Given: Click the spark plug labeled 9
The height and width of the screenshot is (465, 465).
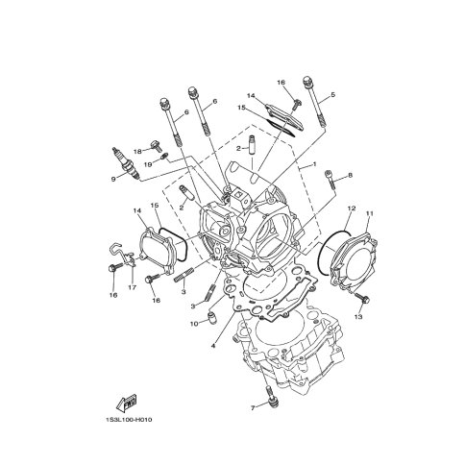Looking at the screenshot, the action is pos(126,163).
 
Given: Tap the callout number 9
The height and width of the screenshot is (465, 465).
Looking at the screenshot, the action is pos(113,180).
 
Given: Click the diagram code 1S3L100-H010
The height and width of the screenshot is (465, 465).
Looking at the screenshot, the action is pos(129,420).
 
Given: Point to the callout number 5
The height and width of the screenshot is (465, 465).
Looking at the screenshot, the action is pos(332,95).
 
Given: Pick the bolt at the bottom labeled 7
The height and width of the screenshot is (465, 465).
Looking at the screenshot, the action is pos(272,397).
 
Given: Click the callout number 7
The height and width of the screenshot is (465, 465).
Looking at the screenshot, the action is pos(253,408).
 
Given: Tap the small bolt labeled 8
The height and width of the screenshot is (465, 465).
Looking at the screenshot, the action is pos(330,179).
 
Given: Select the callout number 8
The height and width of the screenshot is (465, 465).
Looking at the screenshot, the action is pos(350,175).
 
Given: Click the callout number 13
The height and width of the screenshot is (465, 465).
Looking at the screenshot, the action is pos(358,317).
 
